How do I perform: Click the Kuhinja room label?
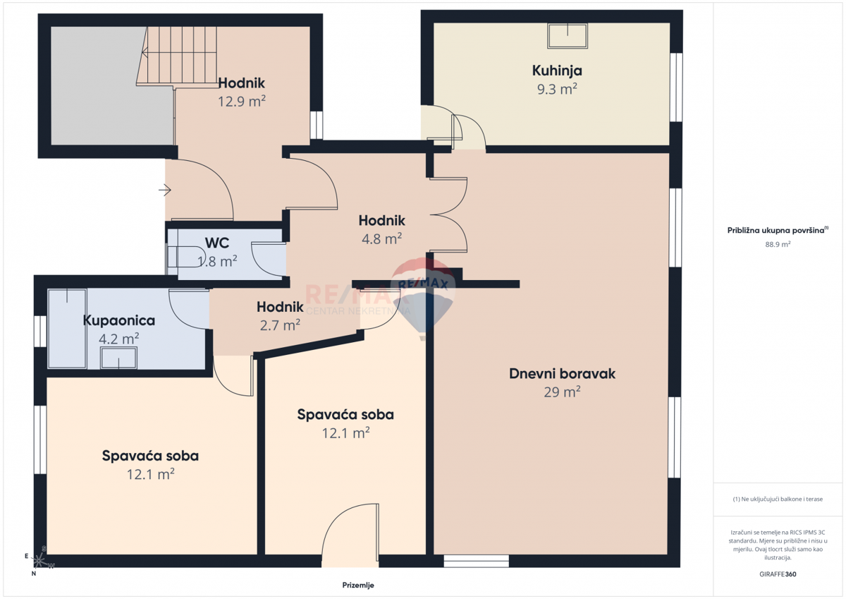point(556,71)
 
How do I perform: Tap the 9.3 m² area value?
point(556,89)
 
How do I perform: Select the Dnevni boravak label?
point(562,374)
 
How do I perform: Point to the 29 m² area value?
point(562,392)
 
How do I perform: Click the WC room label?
point(216,243)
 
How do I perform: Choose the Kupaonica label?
point(118,320)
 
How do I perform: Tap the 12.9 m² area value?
point(241,101)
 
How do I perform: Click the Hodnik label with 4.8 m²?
point(381,220)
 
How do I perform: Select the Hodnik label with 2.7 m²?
point(280,307)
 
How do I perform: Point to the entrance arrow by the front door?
point(165,190)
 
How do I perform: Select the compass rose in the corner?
point(42,560)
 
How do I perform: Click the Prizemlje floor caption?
point(357,586)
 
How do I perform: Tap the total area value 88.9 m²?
point(778,244)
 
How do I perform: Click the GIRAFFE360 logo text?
point(778,574)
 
